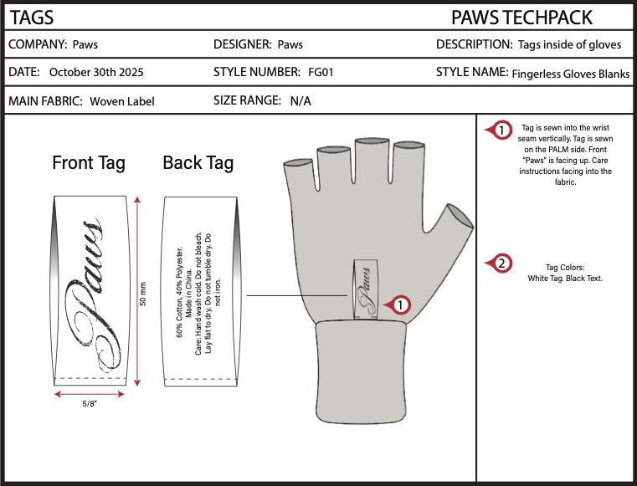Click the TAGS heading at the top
[31, 17]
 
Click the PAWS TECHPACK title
[521, 17]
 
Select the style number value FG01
[321, 73]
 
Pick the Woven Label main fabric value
[122, 101]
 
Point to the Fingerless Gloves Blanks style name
[571, 74]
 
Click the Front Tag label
[89, 162]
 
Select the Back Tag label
[198, 162]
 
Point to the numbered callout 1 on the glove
[400, 305]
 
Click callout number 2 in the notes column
[501, 264]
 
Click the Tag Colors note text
[566, 272]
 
